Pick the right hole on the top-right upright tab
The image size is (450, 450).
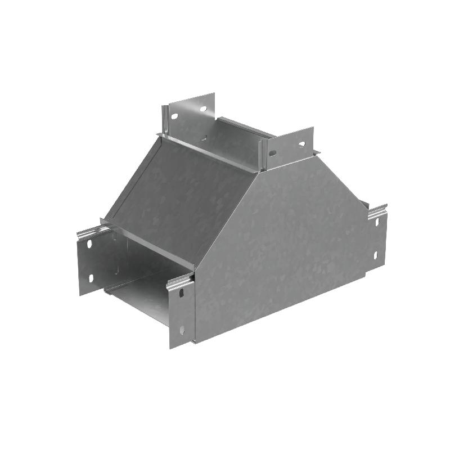click(x=302, y=143)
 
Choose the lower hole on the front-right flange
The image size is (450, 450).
click(x=181, y=331)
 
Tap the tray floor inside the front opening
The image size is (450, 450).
click(x=141, y=301)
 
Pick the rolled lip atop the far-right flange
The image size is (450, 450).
click(x=377, y=211)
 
